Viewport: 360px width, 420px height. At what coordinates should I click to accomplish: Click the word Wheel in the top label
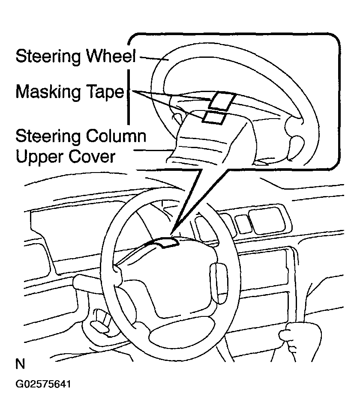click(x=111, y=56)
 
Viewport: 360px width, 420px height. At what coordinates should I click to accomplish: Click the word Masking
click(x=48, y=92)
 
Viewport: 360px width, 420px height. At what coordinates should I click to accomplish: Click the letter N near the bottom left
click(x=21, y=364)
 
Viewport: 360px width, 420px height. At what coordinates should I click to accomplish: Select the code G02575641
click(x=43, y=384)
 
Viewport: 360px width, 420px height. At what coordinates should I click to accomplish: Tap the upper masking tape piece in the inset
click(x=222, y=101)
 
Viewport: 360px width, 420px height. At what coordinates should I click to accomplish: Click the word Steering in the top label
click(x=48, y=57)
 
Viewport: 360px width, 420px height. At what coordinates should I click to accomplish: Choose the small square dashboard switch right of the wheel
click(x=243, y=223)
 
